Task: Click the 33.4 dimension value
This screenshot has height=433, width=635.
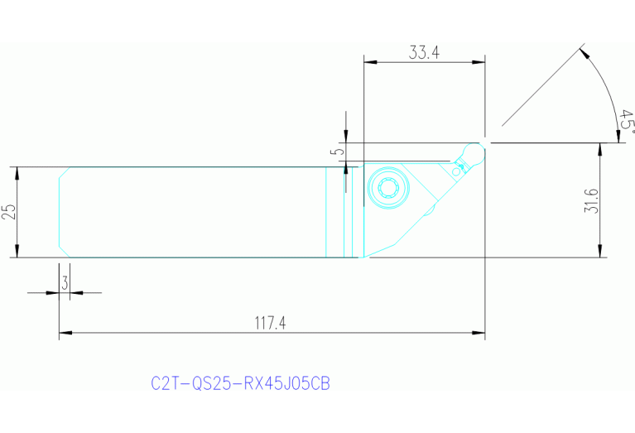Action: tap(424, 52)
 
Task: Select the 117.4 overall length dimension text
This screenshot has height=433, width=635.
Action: tap(270, 324)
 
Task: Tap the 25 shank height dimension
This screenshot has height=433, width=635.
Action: tap(9, 212)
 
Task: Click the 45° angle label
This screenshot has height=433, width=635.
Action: tap(627, 122)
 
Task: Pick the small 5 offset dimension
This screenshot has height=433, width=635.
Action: tap(334, 153)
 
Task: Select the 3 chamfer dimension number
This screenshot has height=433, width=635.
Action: tap(64, 282)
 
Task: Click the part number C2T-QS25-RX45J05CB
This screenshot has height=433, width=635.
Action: tap(241, 384)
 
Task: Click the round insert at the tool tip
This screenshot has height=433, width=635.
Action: tap(475, 152)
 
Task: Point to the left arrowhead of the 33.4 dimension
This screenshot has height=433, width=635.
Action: tap(369, 61)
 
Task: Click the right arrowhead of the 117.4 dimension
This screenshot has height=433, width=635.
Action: tap(479, 334)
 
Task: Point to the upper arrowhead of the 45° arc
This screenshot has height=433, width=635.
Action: tap(584, 53)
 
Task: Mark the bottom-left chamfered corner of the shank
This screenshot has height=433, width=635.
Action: tap(63, 252)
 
